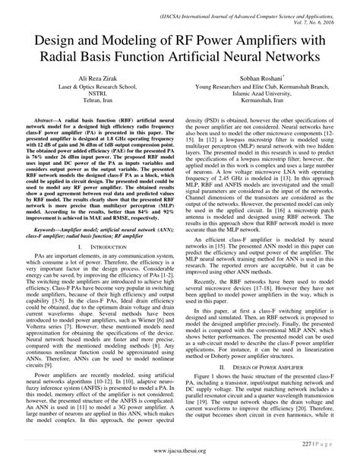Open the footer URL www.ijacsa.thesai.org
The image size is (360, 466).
180,454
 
